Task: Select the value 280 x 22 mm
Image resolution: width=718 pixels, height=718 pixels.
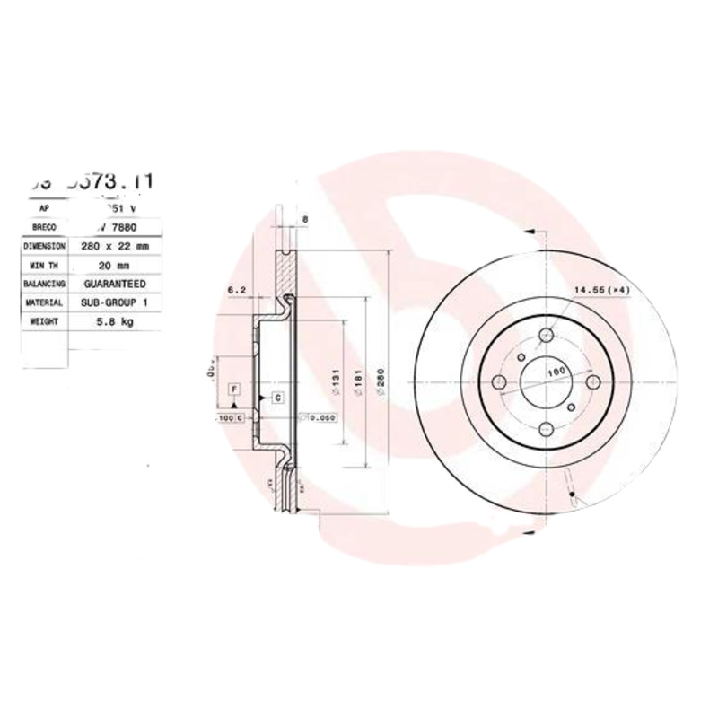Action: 113,245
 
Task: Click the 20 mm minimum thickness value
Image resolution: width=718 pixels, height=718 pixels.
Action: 113,265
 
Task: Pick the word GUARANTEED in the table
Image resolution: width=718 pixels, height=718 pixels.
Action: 113,284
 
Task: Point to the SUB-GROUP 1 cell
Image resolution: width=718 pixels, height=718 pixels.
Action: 113,302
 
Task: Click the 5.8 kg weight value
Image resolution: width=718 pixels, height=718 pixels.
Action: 113,321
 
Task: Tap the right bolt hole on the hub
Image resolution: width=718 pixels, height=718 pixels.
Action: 593,383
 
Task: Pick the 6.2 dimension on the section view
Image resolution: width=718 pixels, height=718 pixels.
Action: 236,289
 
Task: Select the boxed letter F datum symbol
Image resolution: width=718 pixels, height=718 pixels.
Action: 233,388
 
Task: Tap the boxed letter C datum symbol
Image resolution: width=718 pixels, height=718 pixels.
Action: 277,396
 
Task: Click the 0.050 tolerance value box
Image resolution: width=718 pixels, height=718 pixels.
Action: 320,417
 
